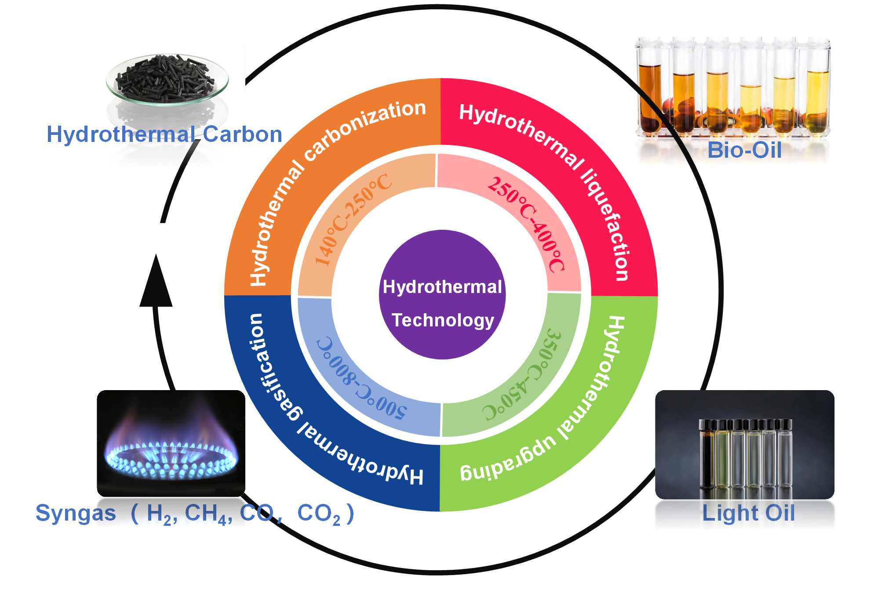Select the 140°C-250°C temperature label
pos(352,220)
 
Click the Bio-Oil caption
pos(744,150)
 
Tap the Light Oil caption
pos(748,513)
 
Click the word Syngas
pos(76,513)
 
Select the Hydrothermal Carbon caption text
pos(164,134)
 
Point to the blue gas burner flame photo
pos(171,444)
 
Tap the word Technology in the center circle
pos(443,320)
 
